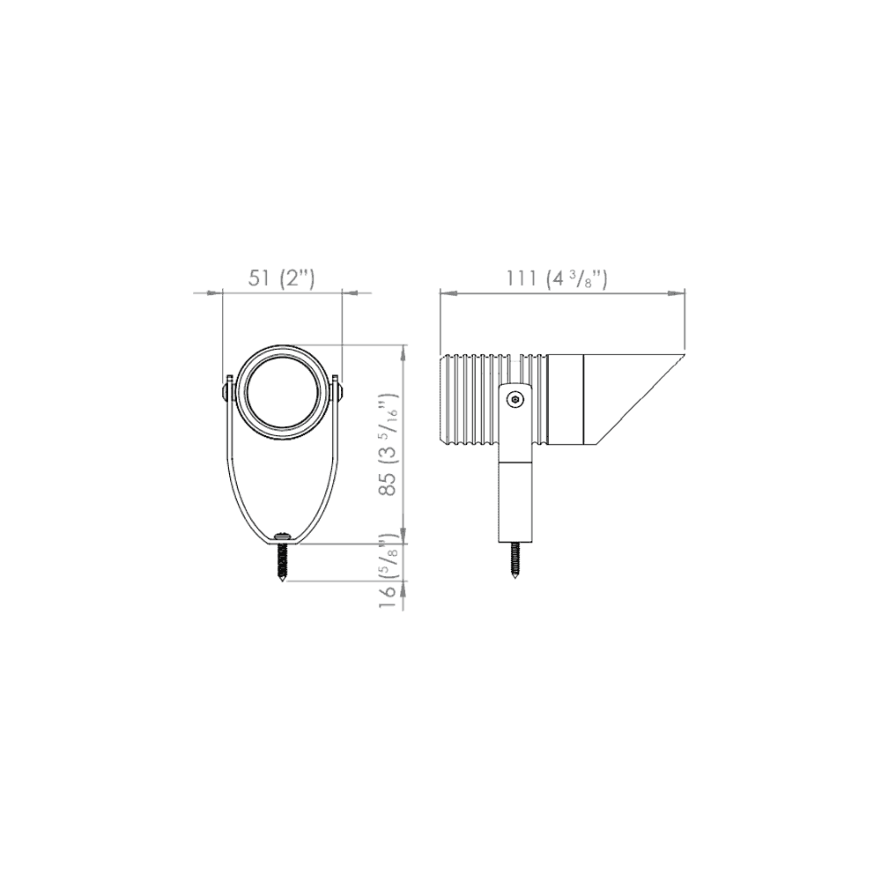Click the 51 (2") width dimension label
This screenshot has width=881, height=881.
click(x=281, y=278)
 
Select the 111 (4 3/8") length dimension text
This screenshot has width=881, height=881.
click(x=556, y=278)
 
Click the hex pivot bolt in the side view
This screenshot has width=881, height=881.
click(x=515, y=401)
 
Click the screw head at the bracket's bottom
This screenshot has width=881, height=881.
click(x=282, y=536)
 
